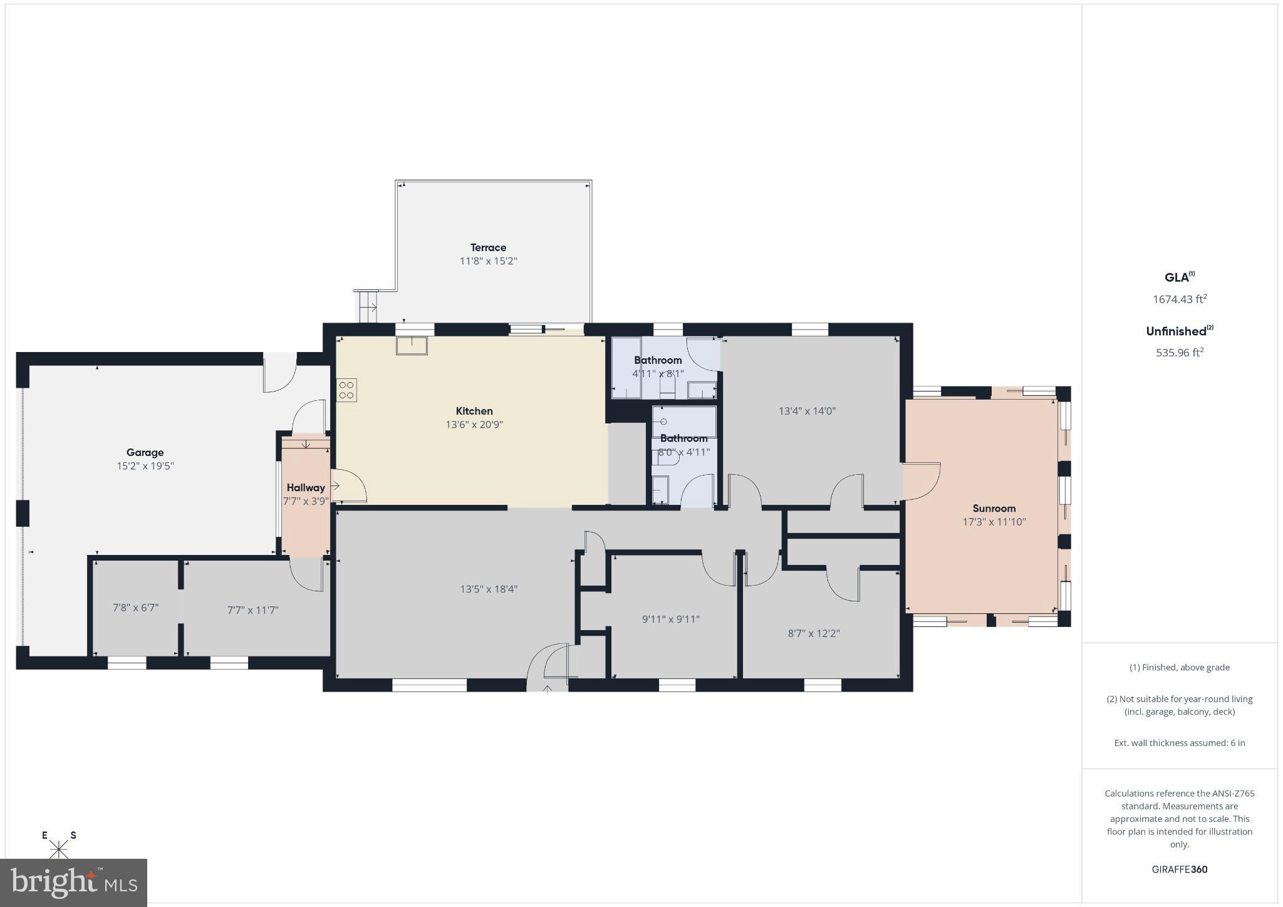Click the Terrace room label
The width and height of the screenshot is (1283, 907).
(488, 247)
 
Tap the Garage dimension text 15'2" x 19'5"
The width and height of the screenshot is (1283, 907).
(145, 466)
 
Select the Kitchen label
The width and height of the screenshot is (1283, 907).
(474, 411)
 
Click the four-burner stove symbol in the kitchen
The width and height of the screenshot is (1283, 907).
(346, 390)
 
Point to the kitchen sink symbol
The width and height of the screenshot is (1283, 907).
(412, 346)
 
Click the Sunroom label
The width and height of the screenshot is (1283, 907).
(994, 509)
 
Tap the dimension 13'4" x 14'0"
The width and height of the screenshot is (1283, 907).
(807, 412)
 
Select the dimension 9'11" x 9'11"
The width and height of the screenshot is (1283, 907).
(670, 619)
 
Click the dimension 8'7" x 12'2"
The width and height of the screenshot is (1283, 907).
(813, 633)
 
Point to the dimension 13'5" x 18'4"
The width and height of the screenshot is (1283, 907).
(489, 589)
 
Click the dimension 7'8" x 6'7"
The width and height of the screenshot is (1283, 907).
(135, 608)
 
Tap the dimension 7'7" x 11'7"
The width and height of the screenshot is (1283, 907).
(252, 610)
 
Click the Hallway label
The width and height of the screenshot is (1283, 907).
(306, 487)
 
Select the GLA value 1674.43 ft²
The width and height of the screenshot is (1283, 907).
(1179, 299)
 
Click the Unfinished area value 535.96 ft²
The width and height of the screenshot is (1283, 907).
(1179, 353)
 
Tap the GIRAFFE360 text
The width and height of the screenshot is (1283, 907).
(1179, 869)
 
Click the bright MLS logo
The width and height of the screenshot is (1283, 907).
(73, 883)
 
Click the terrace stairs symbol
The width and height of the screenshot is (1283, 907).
(368, 307)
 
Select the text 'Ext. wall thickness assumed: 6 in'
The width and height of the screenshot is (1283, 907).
(1179, 743)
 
